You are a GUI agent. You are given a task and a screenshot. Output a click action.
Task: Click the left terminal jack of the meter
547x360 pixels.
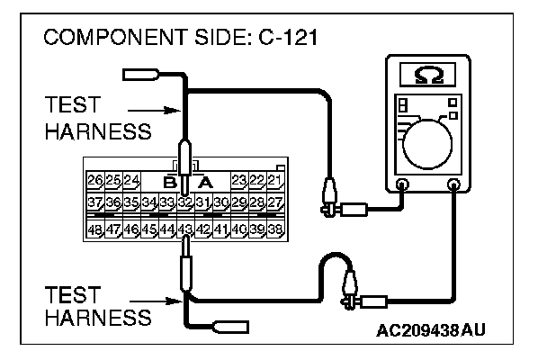point(402,186)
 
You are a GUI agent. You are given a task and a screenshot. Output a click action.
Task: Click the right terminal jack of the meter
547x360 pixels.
point(453,186)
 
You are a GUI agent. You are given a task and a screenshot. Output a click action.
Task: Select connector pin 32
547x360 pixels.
point(184,202)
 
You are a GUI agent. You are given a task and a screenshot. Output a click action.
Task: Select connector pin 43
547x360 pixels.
point(184,229)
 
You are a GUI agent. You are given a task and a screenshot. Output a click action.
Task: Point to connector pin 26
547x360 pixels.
point(95,180)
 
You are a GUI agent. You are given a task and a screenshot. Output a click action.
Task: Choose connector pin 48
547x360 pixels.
point(95,229)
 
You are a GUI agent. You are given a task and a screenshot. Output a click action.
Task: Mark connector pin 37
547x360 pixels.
point(95,202)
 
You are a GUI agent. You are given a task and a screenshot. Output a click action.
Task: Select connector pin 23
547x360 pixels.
point(239,180)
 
